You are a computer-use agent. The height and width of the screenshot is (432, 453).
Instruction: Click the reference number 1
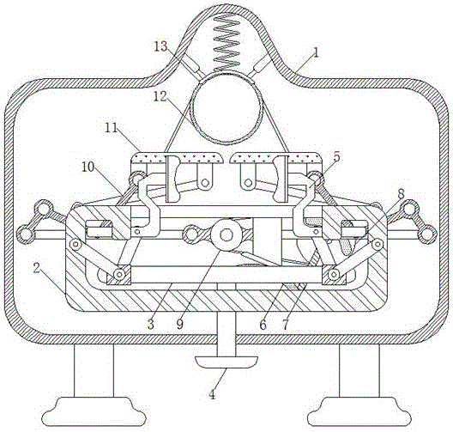click(316, 52)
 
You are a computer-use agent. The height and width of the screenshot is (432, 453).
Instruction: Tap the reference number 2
click(36, 268)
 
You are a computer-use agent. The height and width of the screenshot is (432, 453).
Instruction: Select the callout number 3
click(151, 325)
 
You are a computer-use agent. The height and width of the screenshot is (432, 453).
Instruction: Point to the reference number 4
click(213, 394)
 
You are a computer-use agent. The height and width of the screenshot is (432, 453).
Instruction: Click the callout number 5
click(336, 156)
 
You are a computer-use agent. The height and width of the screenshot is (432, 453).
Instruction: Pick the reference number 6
click(263, 325)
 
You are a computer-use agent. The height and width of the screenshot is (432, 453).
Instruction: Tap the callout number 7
click(286, 325)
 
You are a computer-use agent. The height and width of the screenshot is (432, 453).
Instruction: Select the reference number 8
click(402, 194)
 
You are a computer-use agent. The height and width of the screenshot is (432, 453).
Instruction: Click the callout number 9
click(179, 325)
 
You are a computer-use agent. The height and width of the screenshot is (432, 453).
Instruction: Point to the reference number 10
click(88, 167)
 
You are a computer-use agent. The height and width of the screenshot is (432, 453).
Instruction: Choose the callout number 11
click(112, 127)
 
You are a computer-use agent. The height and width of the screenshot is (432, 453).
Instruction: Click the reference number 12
click(160, 96)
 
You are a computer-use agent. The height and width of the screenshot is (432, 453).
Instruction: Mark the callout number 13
click(160, 46)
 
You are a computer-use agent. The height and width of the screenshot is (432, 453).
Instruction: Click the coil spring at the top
click(226, 41)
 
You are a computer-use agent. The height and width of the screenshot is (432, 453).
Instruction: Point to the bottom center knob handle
click(226, 362)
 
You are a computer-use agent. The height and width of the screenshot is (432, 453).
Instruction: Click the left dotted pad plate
click(177, 157)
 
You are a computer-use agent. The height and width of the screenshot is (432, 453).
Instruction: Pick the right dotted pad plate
click(276, 157)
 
